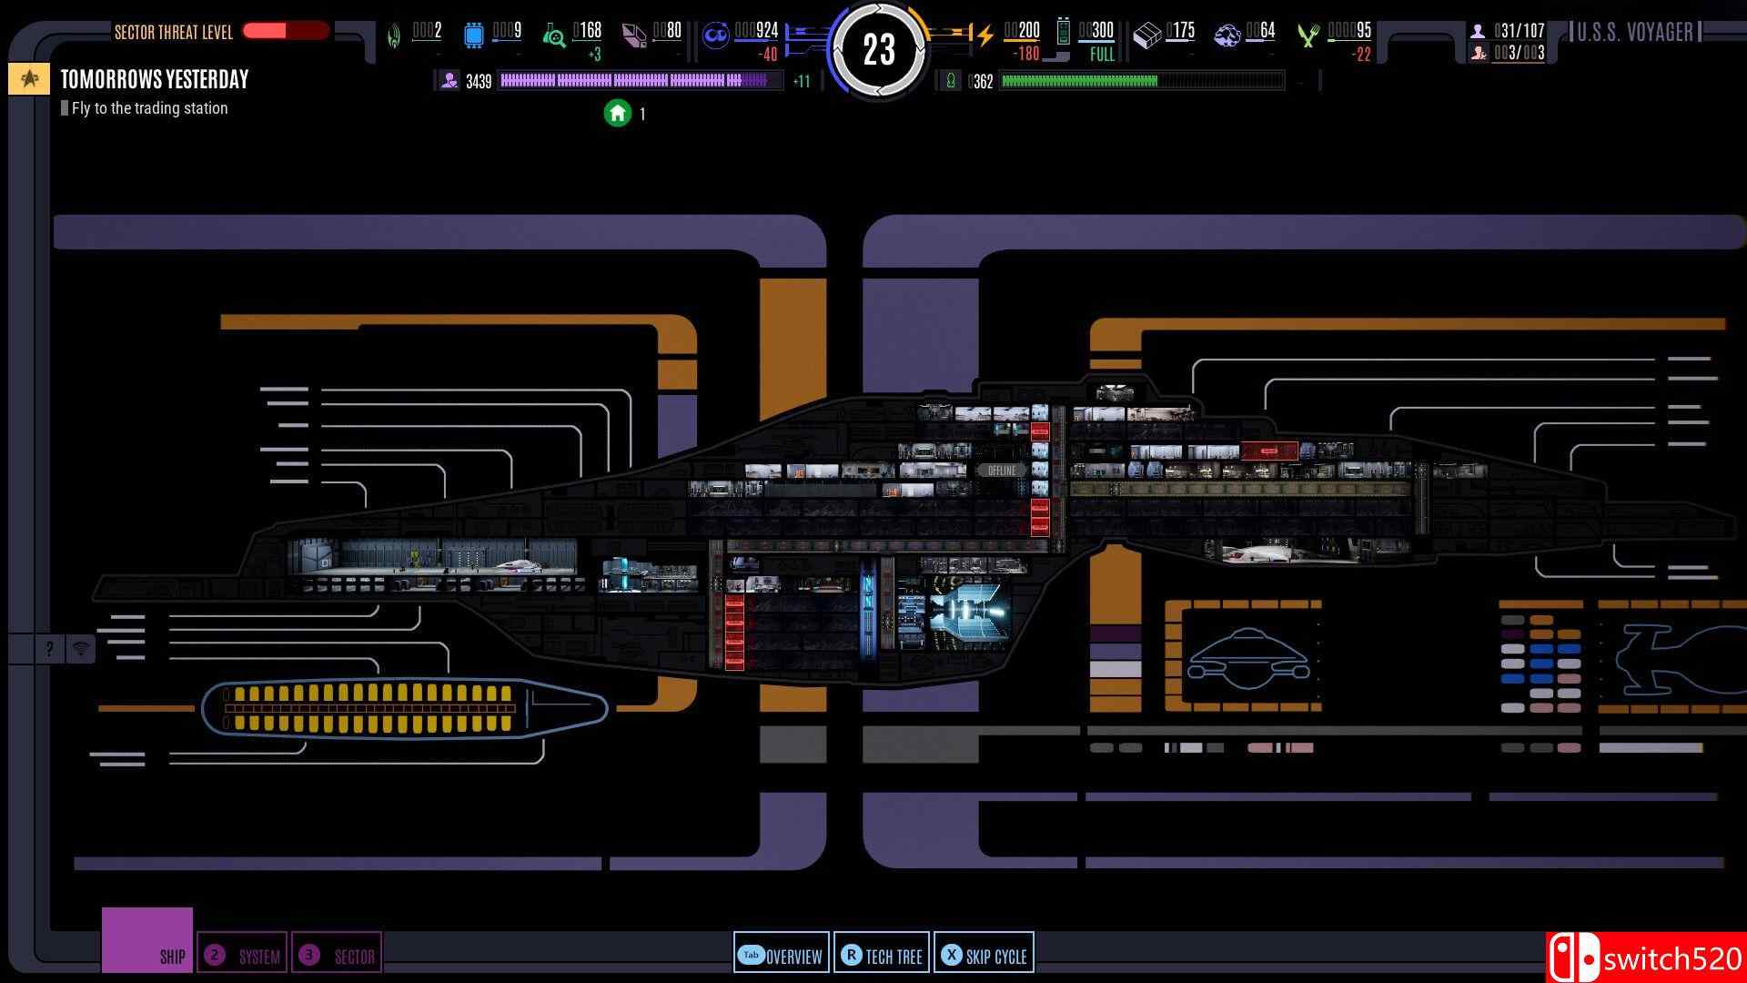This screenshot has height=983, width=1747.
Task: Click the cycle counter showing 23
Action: [878, 49]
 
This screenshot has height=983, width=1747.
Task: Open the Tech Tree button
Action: [882, 955]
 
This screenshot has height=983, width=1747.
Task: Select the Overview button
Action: [782, 955]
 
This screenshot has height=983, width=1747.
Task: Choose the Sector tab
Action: [338, 955]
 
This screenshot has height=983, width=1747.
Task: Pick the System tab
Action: [242, 955]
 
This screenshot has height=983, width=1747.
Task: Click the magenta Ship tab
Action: [147, 940]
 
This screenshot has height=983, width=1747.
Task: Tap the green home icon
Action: [618, 113]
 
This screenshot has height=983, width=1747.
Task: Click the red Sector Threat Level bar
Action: [285, 31]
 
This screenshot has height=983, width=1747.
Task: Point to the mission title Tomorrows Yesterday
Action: [155, 79]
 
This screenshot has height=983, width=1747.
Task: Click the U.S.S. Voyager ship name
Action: [1634, 33]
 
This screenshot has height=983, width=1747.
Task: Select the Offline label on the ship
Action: [1002, 471]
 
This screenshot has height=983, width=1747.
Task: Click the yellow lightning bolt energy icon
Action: [985, 35]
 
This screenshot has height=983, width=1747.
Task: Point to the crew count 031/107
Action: [1519, 32]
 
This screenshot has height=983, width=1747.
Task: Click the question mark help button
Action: [49, 649]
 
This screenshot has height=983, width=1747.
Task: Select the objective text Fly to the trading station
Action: [150, 108]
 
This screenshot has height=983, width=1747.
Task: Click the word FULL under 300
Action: [1102, 55]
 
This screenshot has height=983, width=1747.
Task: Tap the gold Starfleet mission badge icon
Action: [29, 79]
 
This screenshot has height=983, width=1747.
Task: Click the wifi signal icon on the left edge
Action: [82, 649]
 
